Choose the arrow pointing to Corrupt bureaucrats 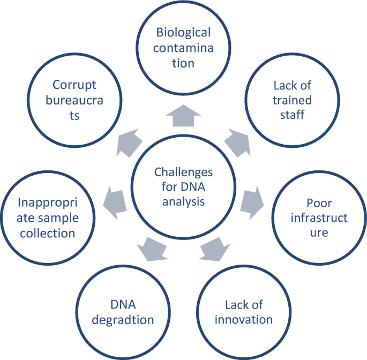pos(130,141)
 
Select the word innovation pos(244,320)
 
